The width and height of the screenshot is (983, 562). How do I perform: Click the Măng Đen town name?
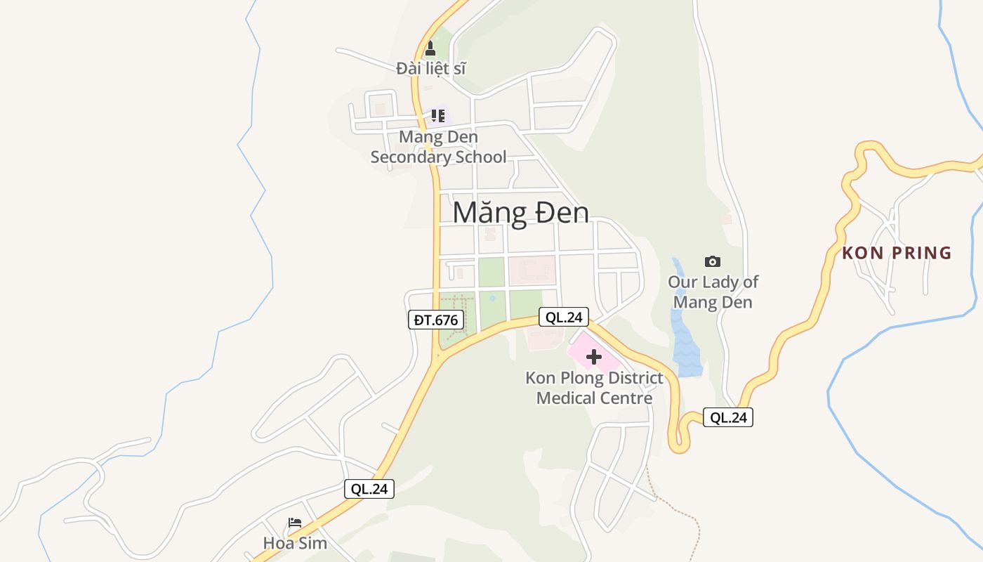coord(520,213)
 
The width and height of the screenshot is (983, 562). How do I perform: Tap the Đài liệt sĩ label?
coord(431,68)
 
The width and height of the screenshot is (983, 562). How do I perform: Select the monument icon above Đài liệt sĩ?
coord(430,48)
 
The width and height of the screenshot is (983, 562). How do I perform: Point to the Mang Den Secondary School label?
coord(438,147)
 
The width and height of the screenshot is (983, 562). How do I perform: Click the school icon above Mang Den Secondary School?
coord(438,115)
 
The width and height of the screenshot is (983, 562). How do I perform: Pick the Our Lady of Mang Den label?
coord(713,292)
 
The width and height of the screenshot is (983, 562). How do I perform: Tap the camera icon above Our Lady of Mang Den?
coord(713,261)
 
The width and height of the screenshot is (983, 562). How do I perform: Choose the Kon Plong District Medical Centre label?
coord(594,388)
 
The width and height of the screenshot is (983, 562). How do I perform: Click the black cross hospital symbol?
coord(594,357)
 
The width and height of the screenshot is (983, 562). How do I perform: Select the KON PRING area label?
coord(897,253)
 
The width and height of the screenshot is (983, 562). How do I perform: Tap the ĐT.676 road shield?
coord(435,320)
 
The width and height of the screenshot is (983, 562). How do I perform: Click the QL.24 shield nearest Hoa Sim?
coord(369,489)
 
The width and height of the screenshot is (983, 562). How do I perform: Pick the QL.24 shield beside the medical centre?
coord(564,318)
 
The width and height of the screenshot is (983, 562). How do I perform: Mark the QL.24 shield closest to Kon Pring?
coord(728,417)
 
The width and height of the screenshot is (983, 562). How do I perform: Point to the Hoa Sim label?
coord(295,543)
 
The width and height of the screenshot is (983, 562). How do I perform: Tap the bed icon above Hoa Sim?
coord(295,523)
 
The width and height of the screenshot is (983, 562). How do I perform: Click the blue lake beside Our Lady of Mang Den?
coord(685,344)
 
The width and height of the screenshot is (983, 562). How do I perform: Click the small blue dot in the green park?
coord(492,298)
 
